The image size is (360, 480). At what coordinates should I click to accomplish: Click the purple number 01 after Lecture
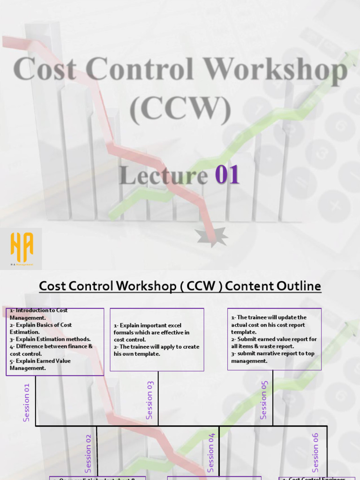pyautogui.click(x=227, y=175)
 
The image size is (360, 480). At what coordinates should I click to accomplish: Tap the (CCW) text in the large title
pyautogui.click(x=180, y=110)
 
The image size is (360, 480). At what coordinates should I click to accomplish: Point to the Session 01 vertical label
pyautogui.click(x=26, y=402)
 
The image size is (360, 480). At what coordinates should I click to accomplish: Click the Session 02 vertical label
pyautogui.click(x=88, y=453)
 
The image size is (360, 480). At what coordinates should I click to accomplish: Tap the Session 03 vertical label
pyautogui.click(x=150, y=400)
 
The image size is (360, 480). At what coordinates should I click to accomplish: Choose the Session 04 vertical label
pyautogui.click(x=211, y=452)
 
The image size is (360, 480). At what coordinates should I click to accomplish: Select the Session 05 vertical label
pyautogui.click(x=263, y=400)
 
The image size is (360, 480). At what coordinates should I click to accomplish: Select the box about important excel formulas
pyautogui.click(x=157, y=339)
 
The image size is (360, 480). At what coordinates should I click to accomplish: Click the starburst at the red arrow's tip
pyautogui.click(x=212, y=237)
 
